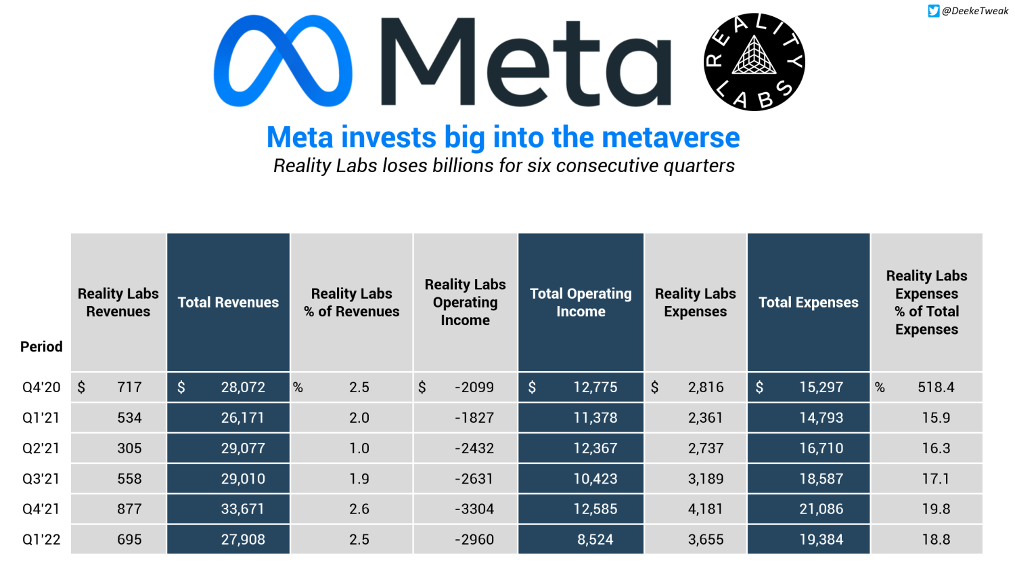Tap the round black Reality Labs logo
tap(754, 62)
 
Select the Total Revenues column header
tap(228, 303)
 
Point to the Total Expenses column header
tap(808, 303)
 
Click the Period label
tap(41, 347)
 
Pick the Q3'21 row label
tap(41, 479)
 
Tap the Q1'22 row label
tap(41, 540)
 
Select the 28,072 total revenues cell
tap(242, 387)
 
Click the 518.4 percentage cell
tap(936, 387)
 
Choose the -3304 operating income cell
tap(474, 509)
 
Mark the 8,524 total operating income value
tap(595, 540)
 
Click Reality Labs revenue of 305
tap(129, 448)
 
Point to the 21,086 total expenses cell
tap(821, 509)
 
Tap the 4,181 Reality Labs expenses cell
tap(706, 509)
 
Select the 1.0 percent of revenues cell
tap(359, 448)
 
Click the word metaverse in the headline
tap(671, 138)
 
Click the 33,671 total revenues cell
tap(242, 509)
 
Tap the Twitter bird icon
tap(934, 11)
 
